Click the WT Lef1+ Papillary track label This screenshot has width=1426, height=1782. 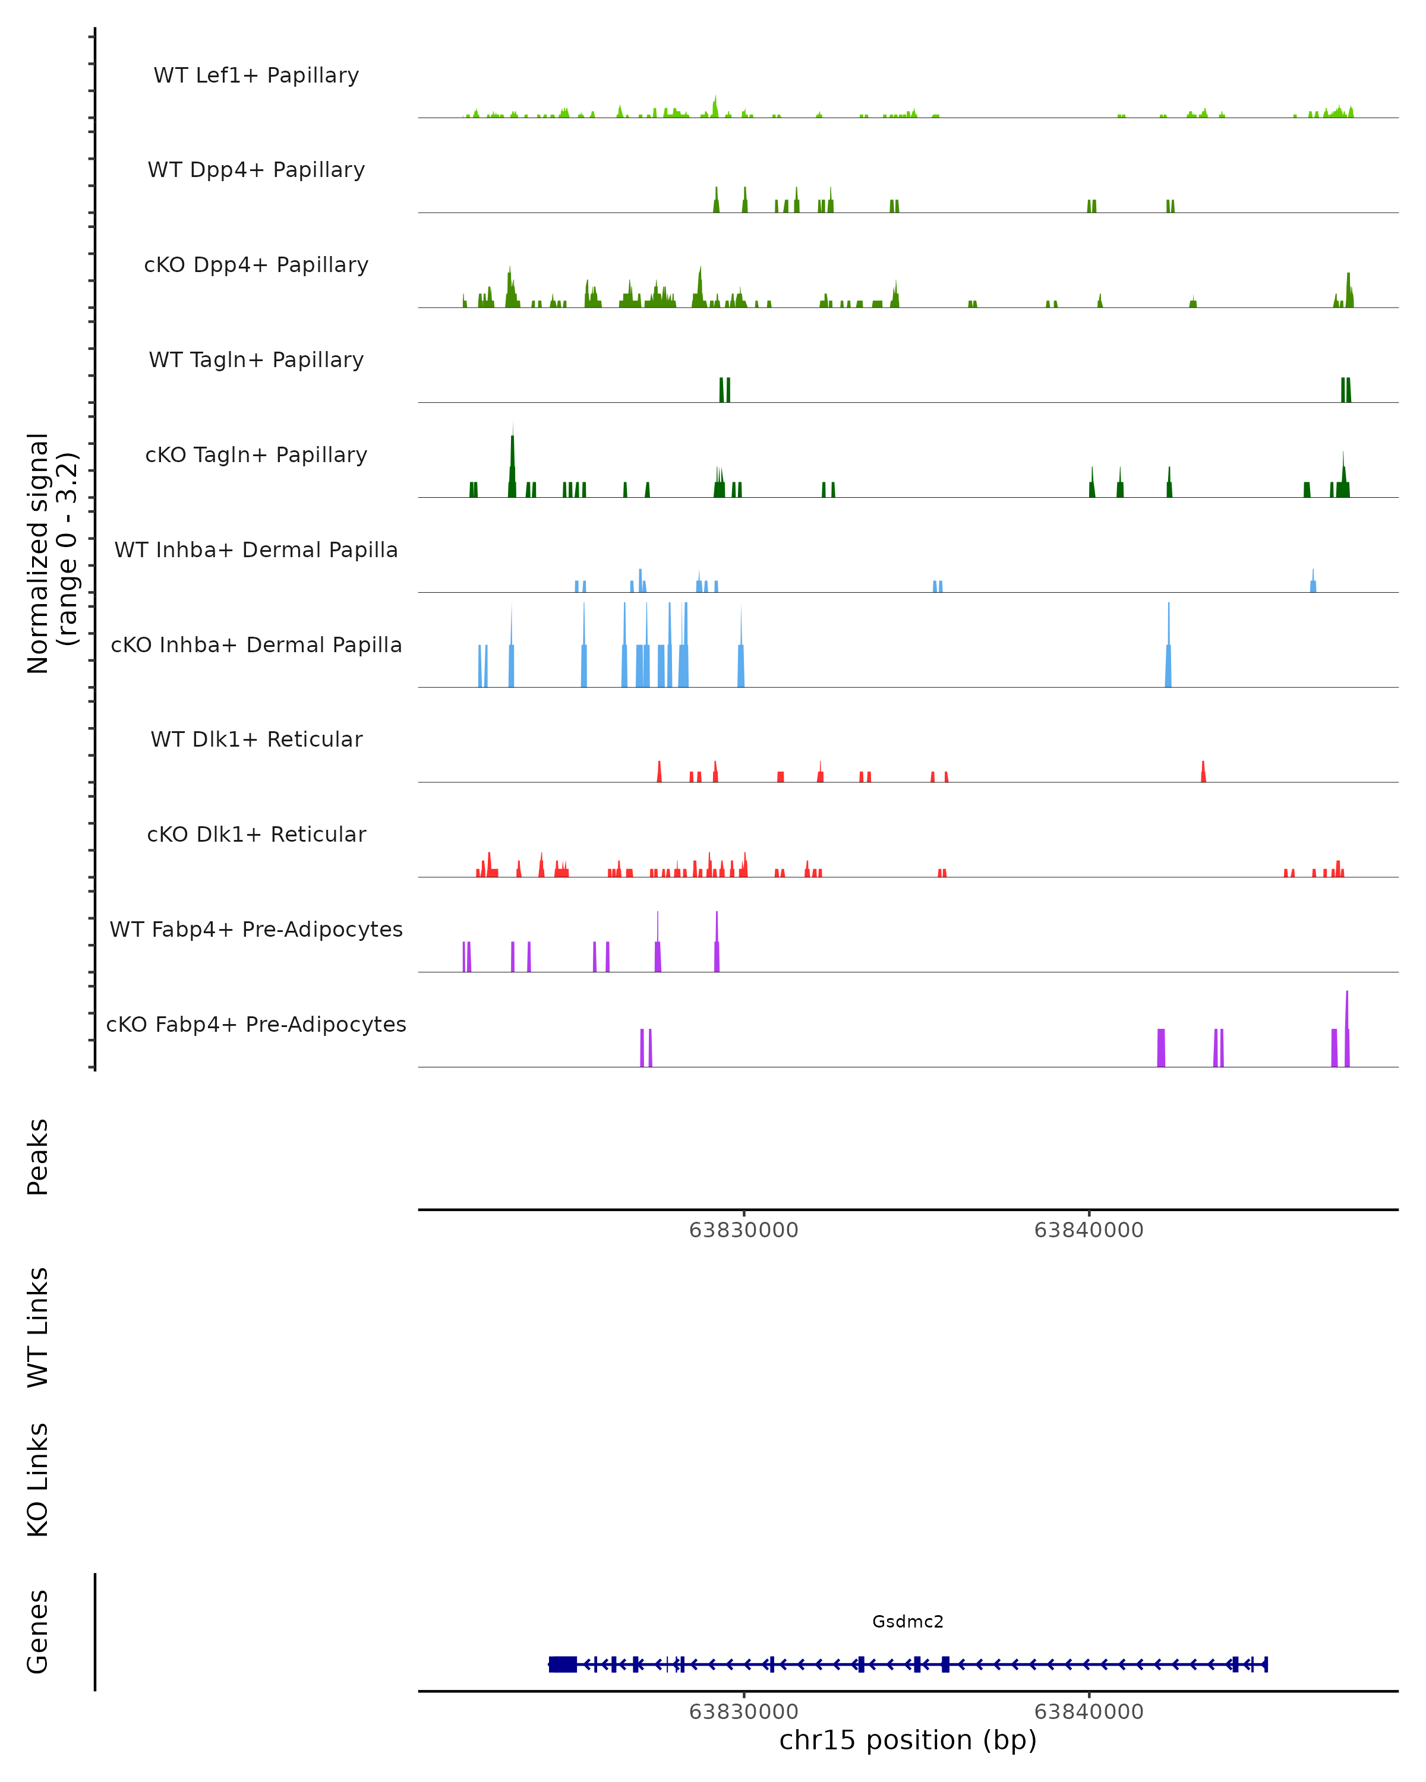[256, 75]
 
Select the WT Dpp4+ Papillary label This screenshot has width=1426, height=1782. [256, 170]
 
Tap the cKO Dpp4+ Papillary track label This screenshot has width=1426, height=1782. [256, 266]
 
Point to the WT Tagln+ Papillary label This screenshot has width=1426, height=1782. [256, 361]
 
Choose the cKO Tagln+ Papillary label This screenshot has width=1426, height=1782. [256, 456]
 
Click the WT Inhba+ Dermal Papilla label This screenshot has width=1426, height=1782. [256, 551]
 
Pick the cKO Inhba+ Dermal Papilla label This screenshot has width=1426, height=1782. [256, 646]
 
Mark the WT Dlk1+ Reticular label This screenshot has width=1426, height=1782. [256, 740]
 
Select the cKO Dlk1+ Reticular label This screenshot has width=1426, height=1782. [256, 835]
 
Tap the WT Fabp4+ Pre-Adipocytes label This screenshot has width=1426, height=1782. [256, 930]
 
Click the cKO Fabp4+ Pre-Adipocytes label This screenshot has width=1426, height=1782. [256, 1025]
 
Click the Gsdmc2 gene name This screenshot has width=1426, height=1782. [908, 1622]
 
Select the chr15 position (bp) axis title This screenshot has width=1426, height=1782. [908, 1740]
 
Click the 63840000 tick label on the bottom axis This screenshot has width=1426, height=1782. [1089, 1712]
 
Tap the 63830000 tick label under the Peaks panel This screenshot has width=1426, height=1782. [743, 1231]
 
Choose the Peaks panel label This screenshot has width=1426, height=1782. [38, 1157]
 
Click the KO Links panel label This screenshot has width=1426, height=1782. [38, 1480]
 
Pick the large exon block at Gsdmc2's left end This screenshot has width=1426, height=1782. [563, 1664]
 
